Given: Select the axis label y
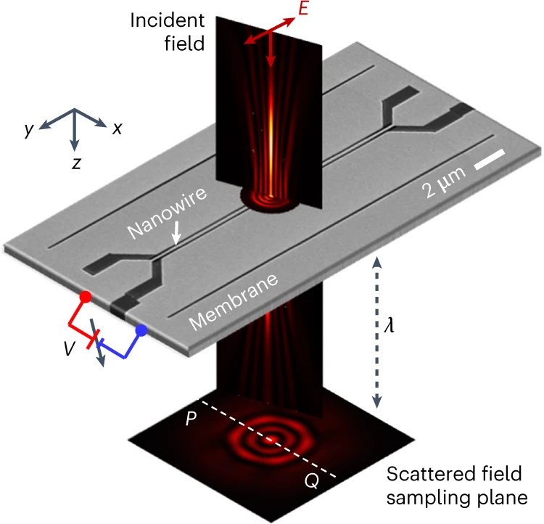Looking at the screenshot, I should pyautogui.click(x=28, y=129).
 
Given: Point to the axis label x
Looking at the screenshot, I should pyautogui.click(x=116, y=128).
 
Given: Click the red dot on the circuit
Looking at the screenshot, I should pyautogui.click(x=86, y=297).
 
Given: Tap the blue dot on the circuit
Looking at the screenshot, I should pyautogui.click(x=142, y=330).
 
